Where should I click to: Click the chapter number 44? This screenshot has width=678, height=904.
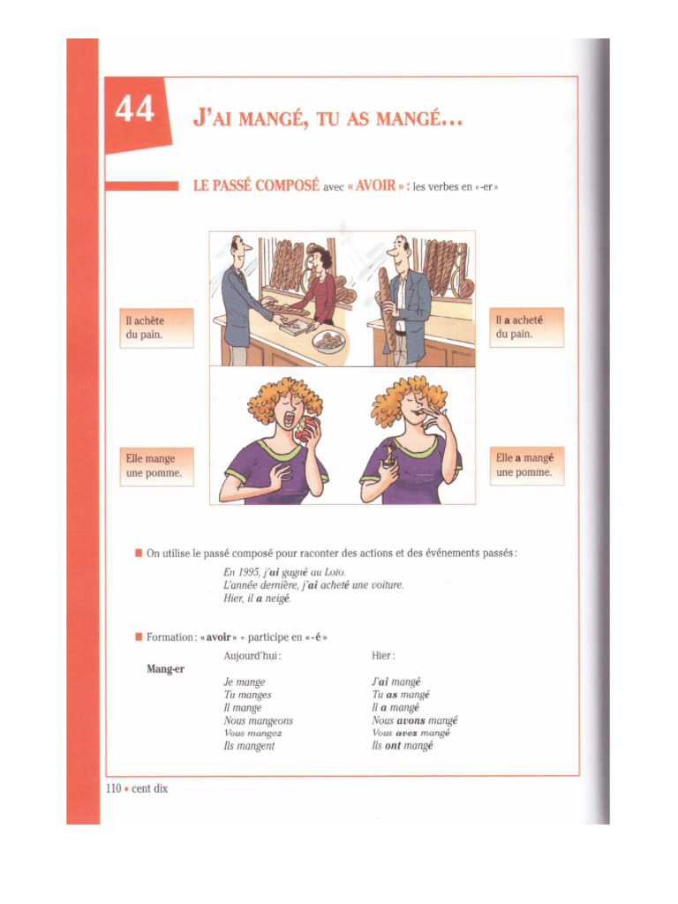pos(133,110)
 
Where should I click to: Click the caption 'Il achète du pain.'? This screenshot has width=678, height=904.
pos(156,328)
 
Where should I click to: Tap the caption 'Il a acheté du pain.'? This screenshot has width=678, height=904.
pos(526,328)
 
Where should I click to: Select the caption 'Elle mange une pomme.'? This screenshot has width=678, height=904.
pos(156,465)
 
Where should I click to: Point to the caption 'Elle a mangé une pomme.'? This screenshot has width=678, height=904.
pos(526,464)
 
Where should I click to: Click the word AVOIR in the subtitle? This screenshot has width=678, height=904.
pos(375,186)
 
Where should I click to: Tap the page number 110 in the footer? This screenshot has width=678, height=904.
pos(113,788)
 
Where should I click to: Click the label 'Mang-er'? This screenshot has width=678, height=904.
pos(165,669)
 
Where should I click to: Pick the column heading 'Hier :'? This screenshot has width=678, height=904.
pos(383,656)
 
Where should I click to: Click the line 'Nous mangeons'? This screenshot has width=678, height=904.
pos(258,720)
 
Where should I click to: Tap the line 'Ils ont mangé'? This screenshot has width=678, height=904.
pos(403,746)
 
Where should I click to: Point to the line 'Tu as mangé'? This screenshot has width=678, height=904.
pos(401,695)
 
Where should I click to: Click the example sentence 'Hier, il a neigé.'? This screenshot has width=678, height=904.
pos(257,599)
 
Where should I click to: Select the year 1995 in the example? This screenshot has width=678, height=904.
pos(250,572)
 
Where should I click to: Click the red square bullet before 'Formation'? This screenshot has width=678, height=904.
pos(139,637)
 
